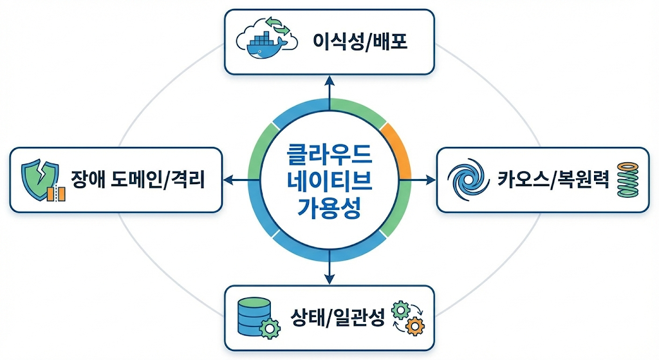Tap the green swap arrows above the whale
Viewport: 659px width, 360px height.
click(279, 26)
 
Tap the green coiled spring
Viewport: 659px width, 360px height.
click(625, 180)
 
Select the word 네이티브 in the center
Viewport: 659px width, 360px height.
click(329, 180)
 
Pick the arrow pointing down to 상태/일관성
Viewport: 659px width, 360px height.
click(329, 270)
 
